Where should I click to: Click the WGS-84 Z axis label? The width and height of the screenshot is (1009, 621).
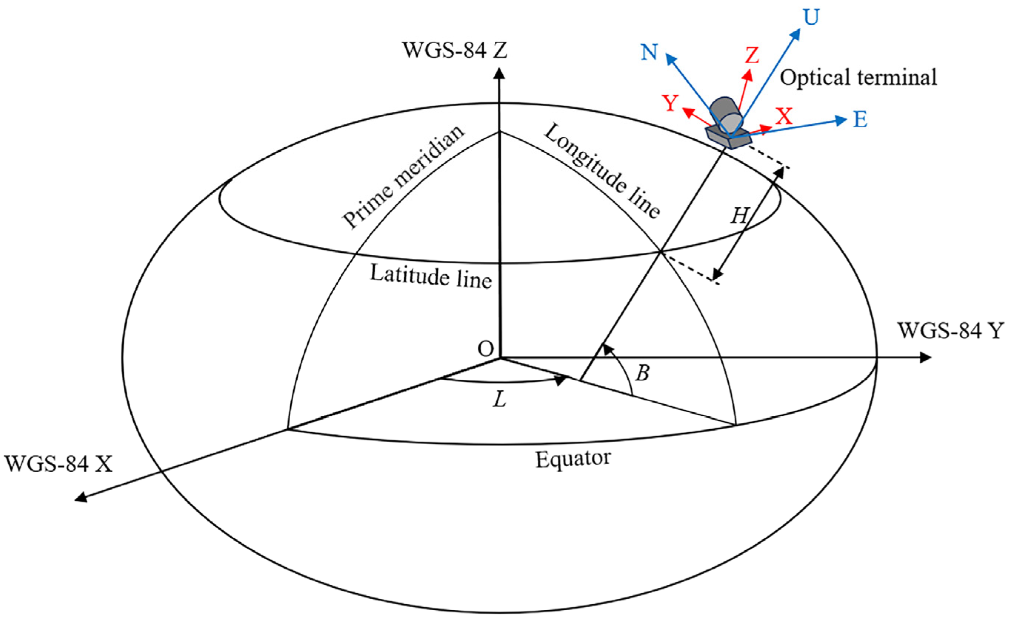pyautogui.click(x=454, y=51)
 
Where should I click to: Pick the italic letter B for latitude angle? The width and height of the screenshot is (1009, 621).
pyautogui.click(x=642, y=373)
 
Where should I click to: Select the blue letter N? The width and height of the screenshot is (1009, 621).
pyautogui.click(x=649, y=52)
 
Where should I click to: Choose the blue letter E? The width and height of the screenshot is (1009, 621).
pyautogui.click(x=861, y=120)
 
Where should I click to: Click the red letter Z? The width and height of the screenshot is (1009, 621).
pyautogui.click(x=752, y=56)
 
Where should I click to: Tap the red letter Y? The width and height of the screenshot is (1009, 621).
pyautogui.click(x=670, y=103)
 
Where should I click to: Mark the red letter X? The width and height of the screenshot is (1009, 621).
pyautogui.click(x=784, y=117)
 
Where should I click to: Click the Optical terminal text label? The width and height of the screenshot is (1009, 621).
pyautogui.click(x=858, y=78)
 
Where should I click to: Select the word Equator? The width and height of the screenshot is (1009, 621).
pyautogui.click(x=573, y=459)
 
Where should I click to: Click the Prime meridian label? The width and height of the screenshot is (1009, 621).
pyautogui.click(x=403, y=177)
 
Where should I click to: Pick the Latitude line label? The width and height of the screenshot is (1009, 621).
pyautogui.click(x=431, y=276)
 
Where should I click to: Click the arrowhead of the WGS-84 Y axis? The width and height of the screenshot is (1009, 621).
pyautogui.click(x=925, y=358)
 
